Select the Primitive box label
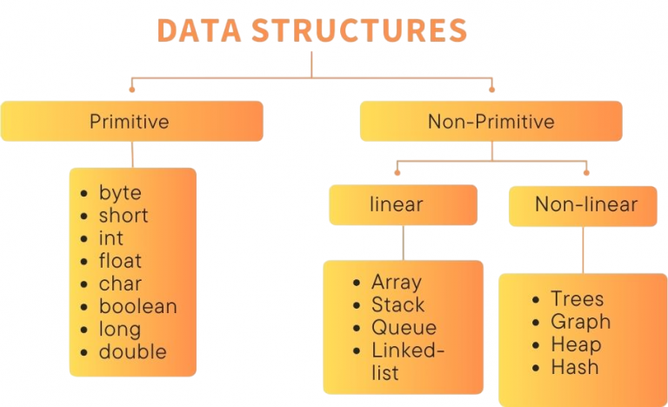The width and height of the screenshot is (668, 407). click(130, 121)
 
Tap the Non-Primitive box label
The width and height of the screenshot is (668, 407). click(491, 121)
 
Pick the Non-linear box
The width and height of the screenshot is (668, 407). click(585, 205)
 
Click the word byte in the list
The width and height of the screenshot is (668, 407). click(120, 193)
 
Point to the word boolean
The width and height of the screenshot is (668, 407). click(137, 306)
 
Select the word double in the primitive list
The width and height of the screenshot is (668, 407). click(132, 351)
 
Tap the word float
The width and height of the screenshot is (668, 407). click(120, 261)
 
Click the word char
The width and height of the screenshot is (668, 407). click(119, 284)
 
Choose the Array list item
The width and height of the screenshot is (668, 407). click(397, 282)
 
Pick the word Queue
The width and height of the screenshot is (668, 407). click(404, 328)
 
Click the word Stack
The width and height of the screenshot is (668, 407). click(398, 305)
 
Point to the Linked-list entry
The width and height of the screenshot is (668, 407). click(407, 362)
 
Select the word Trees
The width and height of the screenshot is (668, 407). click(578, 299)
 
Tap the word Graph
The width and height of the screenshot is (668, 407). click(581, 322)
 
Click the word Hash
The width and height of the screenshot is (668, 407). click(575, 367)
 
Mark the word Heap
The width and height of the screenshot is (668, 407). click(576, 344)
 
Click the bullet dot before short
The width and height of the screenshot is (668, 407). click(83, 217)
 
